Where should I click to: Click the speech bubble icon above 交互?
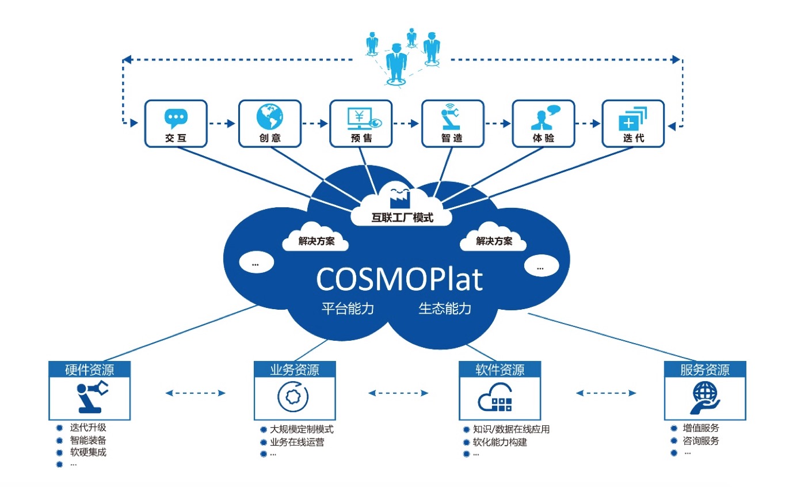pyautogui.click(x=176, y=118)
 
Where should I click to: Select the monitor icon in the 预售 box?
pyautogui.click(x=360, y=117)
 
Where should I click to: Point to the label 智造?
pyautogui.click(x=452, y=138)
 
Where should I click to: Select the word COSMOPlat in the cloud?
pyautogui.click(x=399, y=279)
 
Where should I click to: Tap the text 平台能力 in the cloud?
pyautogui.click(x=348, y=309)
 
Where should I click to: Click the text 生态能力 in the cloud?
pyautogui.click(x=445, y=309)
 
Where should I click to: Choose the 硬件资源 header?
pyautogui.click(x=89, y=369)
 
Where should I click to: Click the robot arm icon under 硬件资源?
pyautogui.click(x=90, y=396)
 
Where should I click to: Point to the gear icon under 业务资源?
pyautogui.click(x=294, y=395)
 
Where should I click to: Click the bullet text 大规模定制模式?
pyautogui.click(x=301, y=429)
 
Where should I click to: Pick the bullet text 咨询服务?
pyautogui.click(x=701, y=442)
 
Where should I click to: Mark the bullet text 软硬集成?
pyautogui.click(x=88, y=452)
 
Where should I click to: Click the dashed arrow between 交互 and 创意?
pyautogui.click(x=222, y=123)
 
